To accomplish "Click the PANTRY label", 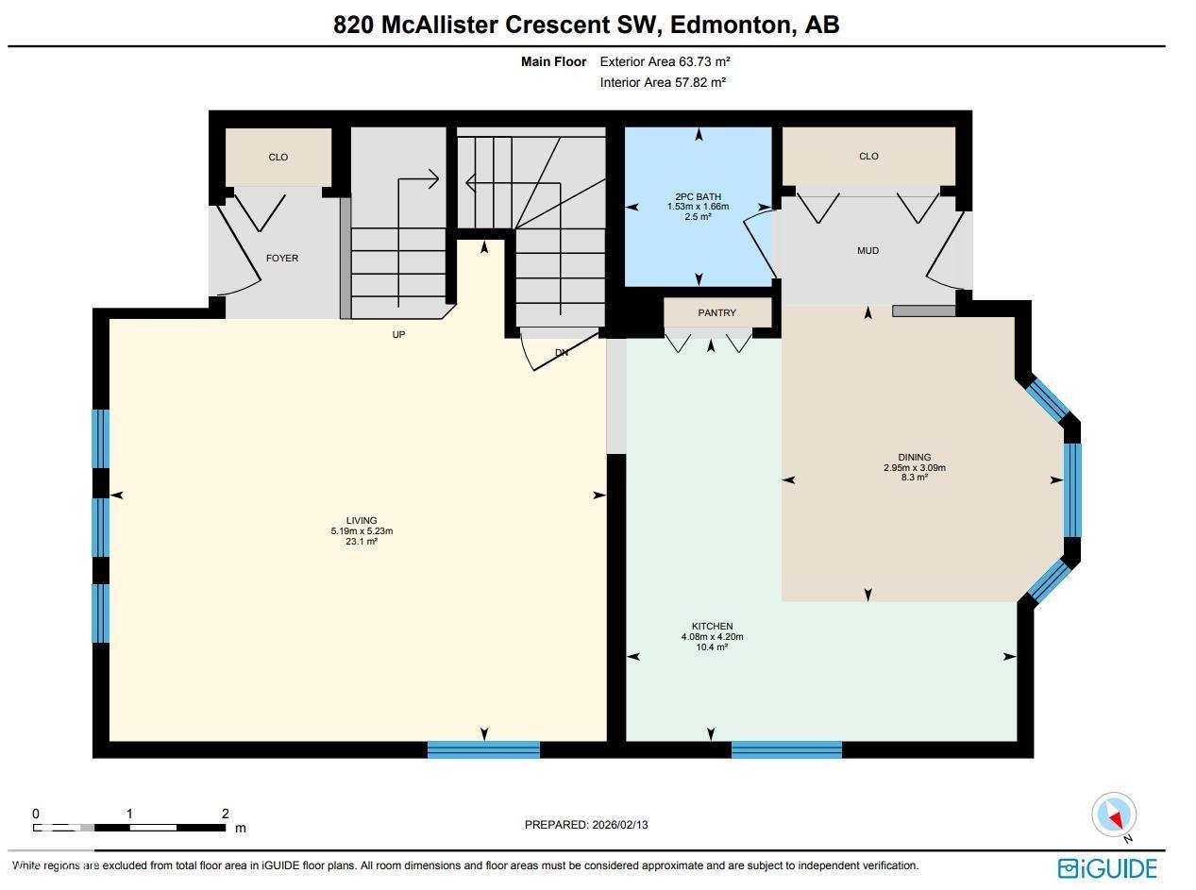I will (716, 312).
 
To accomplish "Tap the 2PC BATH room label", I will (699, 196).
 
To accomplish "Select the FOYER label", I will (281, 258).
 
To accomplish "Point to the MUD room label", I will (868, 250).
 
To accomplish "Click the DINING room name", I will (914, 457).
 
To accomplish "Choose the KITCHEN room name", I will (712, 626).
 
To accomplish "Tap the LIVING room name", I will (361, 520).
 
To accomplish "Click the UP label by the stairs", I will (398, 334).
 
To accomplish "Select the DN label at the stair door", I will (562, 352).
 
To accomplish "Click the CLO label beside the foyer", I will (278, 157).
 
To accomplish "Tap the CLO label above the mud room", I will (868, 156).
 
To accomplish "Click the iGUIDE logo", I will (1106, 867).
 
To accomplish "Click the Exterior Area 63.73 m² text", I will (665, 61).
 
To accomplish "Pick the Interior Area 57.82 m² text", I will (663, 82).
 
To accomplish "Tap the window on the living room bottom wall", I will (483, 749).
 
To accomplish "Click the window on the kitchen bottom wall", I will (786, 749).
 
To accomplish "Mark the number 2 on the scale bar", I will (225, 813).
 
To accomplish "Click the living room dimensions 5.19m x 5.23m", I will (361, 530).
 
